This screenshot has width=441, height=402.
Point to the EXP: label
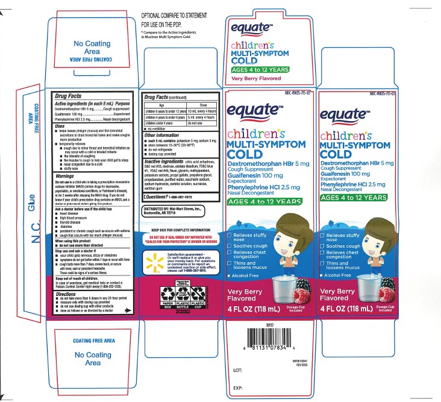pyautogui.click(x=237, y=388)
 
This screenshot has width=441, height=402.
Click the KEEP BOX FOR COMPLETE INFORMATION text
pyautogui.click(x=180, y=231)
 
